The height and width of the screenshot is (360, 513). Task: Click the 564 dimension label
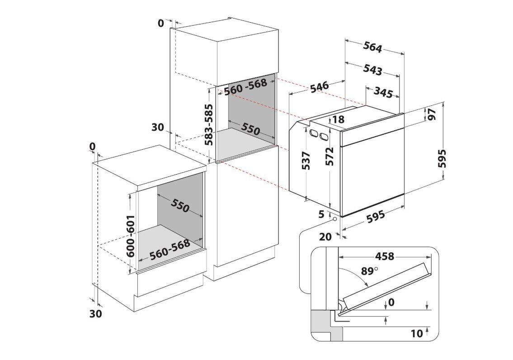click(373, 47)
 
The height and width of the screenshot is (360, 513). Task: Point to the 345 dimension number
click(383, 93)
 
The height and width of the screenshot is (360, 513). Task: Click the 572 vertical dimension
click(330, 156)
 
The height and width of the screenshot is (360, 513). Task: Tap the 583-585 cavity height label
click(209, 124)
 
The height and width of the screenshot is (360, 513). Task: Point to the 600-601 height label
click(131, 236)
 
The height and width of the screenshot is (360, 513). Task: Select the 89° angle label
click(369, 271)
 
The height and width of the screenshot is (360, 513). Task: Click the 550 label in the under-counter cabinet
click(180, 206)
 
